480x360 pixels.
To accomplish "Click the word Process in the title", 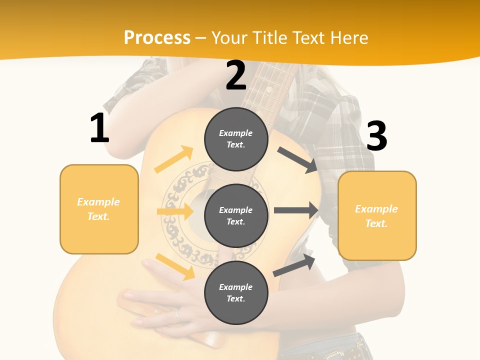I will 157,37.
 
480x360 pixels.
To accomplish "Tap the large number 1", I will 99,128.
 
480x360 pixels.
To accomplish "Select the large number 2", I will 236,75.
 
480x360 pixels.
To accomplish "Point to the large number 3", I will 376,136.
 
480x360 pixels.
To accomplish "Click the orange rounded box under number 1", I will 99,209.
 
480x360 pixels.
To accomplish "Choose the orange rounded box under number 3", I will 377,215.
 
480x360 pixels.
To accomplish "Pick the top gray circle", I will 236,138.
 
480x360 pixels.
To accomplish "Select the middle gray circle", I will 236,215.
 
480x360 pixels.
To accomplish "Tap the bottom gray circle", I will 236,292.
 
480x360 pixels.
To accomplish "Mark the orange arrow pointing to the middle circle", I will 175,211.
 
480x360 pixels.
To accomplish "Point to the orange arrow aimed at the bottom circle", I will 175,266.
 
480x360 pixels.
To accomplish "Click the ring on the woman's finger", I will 176,315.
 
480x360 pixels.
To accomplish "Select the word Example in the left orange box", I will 98,202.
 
